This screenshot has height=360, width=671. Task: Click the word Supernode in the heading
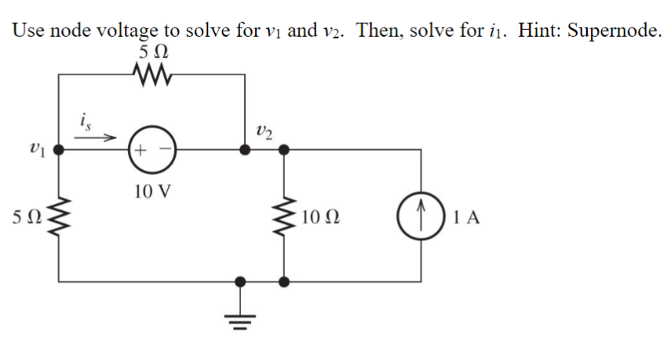pyautogui.click(x=610, y=31)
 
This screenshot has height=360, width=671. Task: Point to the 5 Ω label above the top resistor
pyautogui.click(x=149, y=55)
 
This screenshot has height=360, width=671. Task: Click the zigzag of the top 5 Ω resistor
pyautogui.click(x=150, y=75)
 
